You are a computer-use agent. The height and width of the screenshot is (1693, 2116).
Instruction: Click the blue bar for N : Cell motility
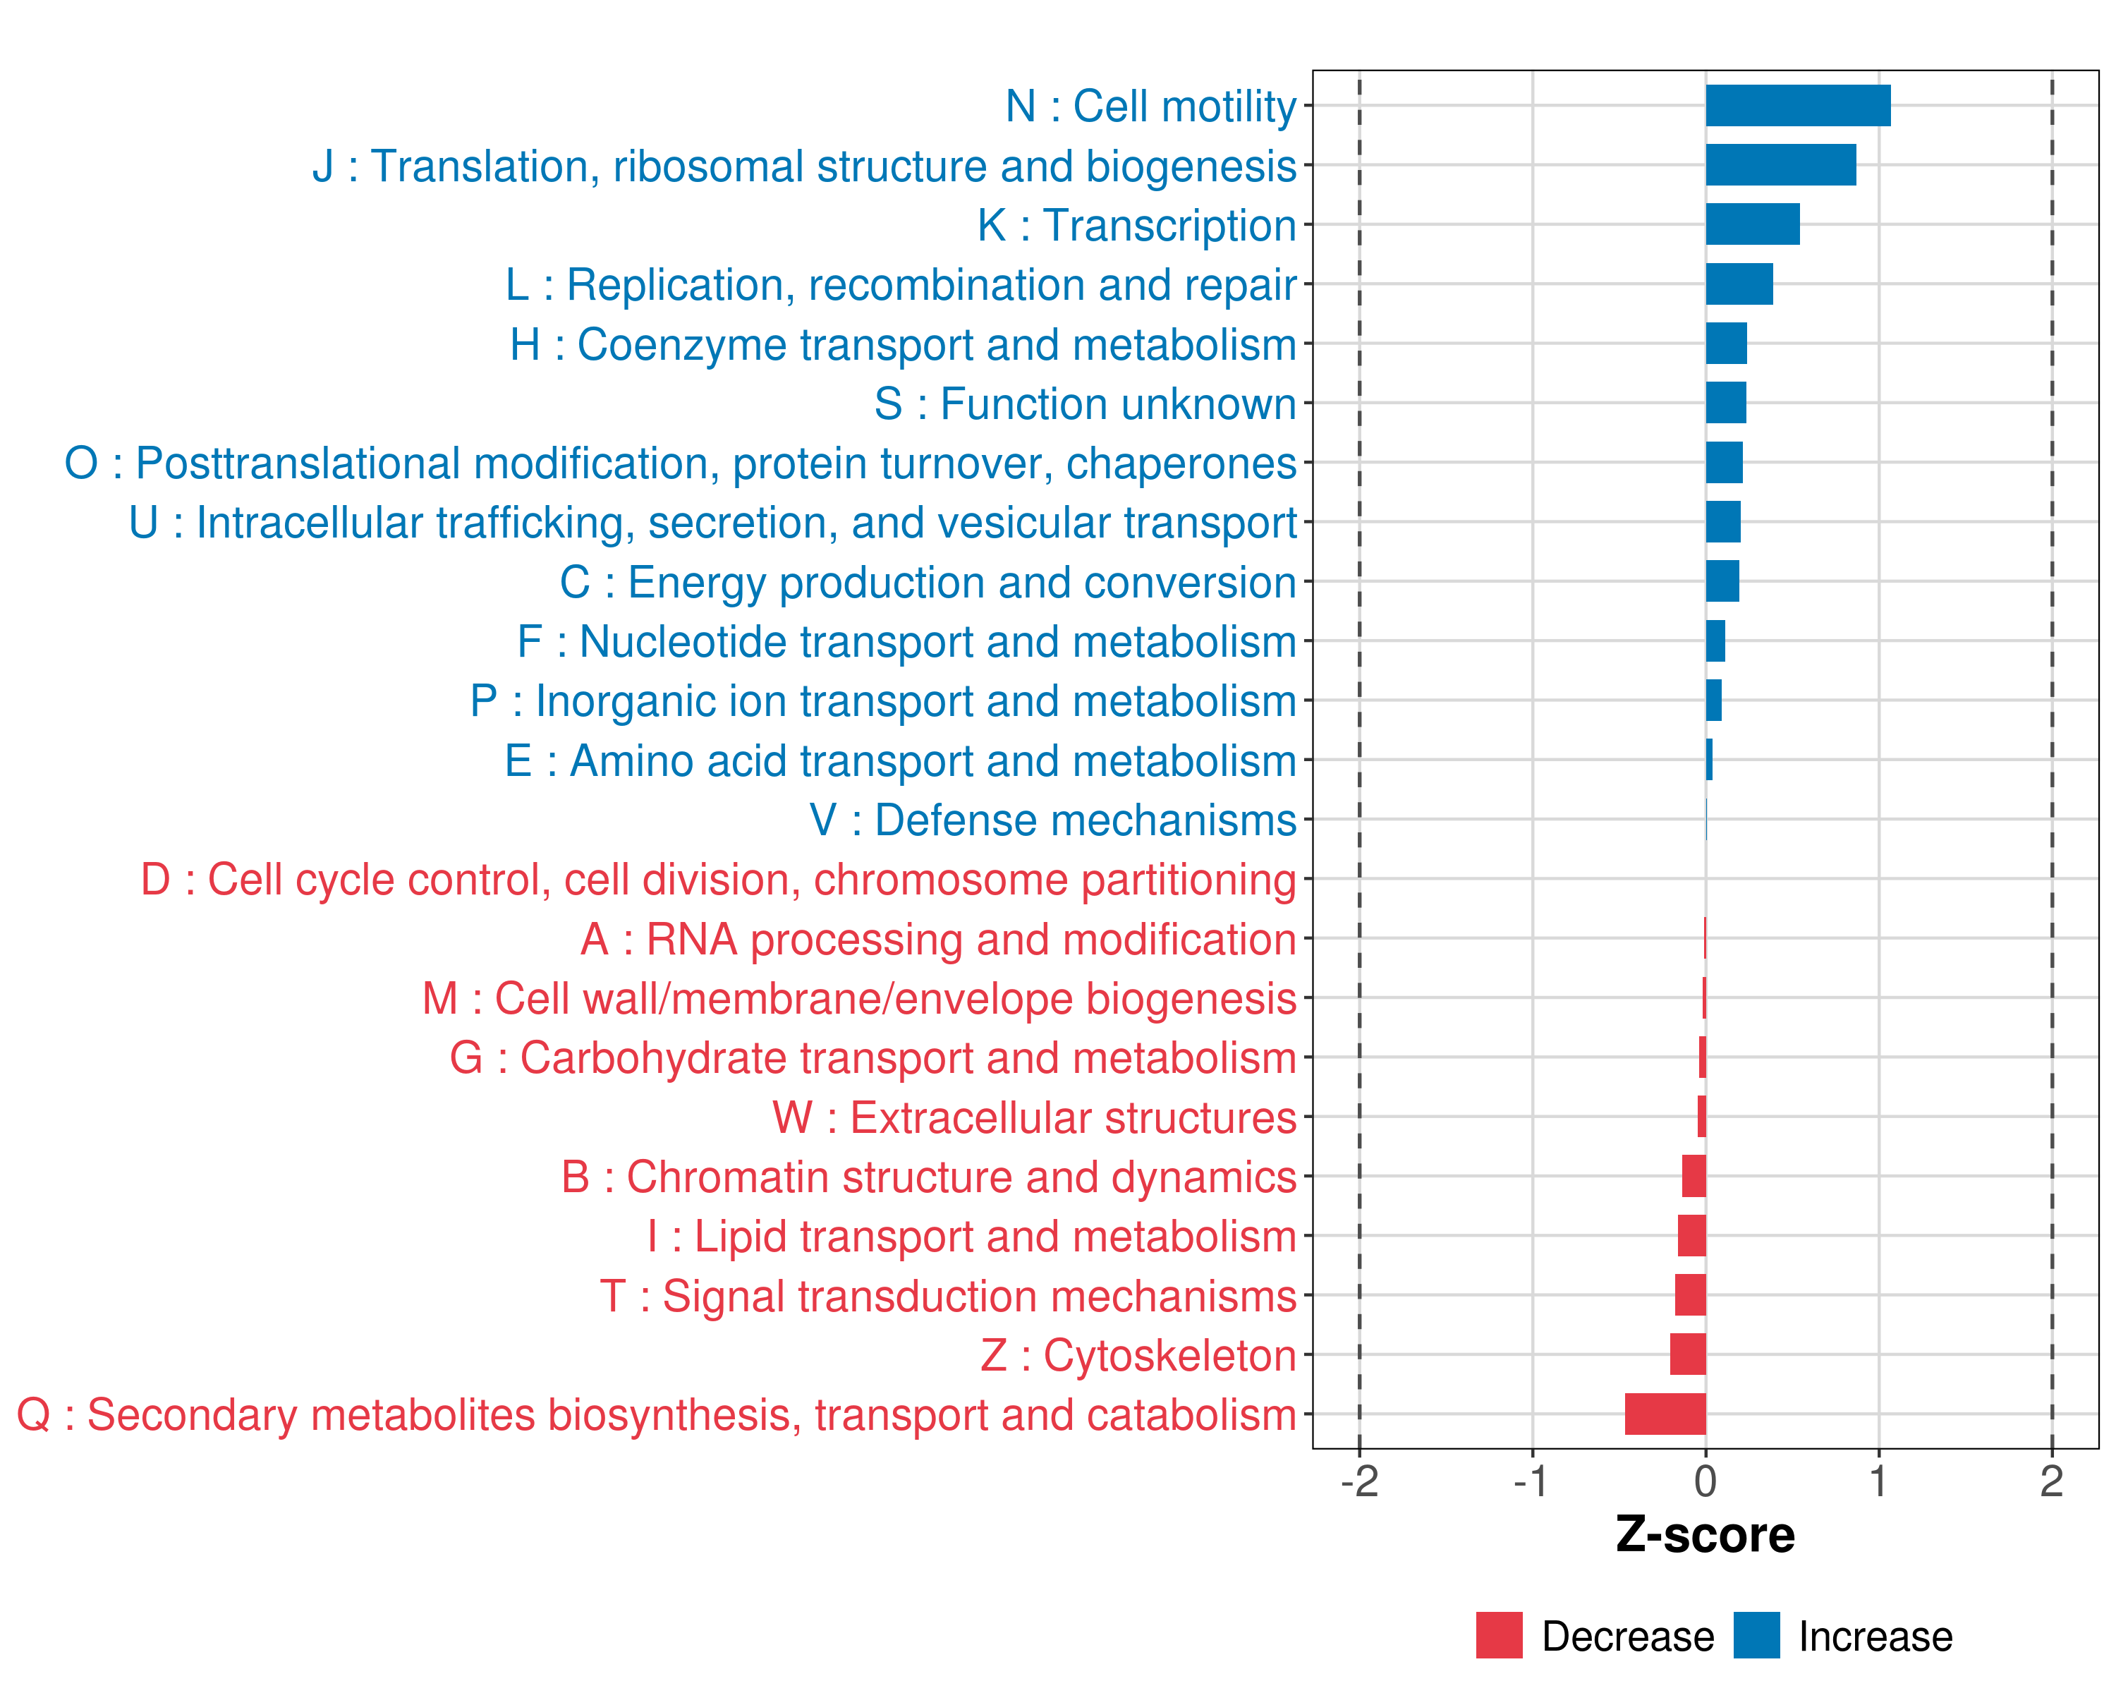coord(1797,106)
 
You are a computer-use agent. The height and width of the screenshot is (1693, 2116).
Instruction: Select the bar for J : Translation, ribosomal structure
coord(1780,165)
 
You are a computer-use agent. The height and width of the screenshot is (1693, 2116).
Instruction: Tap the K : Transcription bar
coord(1752,225)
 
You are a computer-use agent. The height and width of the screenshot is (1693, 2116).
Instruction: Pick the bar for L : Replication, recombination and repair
coord(1739,284)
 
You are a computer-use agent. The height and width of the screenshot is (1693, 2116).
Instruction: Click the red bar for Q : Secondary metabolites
coord(1665,1414)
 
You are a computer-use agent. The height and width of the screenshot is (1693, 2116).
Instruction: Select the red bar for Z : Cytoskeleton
coord(1688,1354)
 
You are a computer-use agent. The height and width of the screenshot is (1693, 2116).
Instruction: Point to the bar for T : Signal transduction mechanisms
coord(1690,1296)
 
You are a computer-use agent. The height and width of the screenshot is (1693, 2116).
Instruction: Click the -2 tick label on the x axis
coord(1359,1482)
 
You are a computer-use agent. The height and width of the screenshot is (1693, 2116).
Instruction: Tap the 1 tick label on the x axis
coord(1878,1482)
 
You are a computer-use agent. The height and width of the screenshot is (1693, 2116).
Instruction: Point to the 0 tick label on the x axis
coord(1705,1482)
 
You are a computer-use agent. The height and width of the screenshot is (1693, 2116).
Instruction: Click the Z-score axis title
coord(1705,1536)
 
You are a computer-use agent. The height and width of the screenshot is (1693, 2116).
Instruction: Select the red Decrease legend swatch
coord(1499,1635)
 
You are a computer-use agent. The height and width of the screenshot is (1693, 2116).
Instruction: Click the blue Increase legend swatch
coord(1756,1635)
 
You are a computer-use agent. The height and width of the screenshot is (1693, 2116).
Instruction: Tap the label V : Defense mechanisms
coord(1052,820)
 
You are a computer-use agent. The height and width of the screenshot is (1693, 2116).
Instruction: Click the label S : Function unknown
coord(1085,404)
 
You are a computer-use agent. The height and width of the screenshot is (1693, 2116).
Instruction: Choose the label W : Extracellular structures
coord(1035,1118)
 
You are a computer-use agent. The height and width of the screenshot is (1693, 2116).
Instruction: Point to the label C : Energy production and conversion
coord(928,583)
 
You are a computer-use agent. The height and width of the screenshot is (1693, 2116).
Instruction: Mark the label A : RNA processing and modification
coord(938,939)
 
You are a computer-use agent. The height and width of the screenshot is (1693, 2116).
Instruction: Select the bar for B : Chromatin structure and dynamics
coord(1694,1177)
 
